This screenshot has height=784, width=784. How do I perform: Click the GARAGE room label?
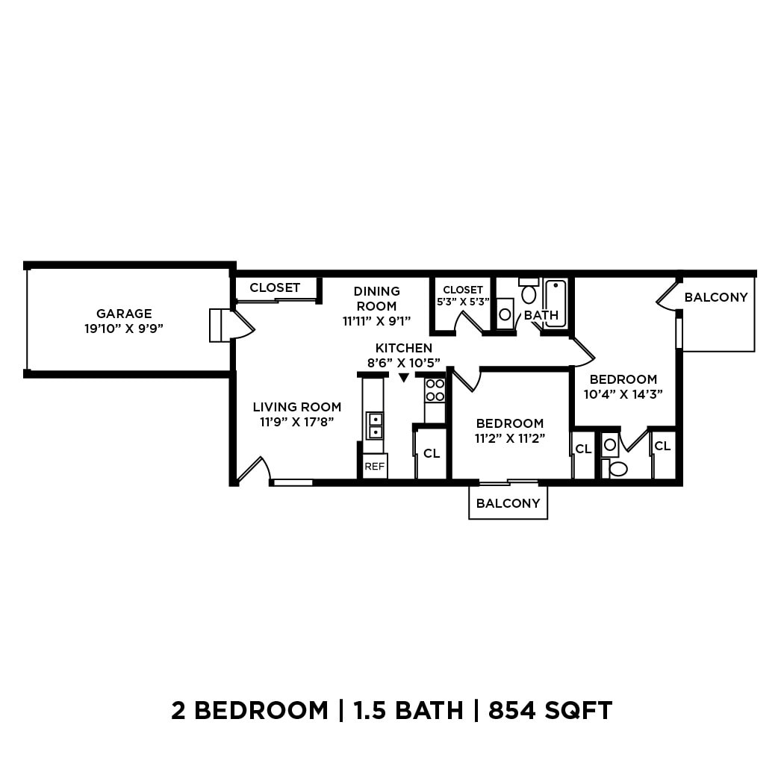(x=124, y=314)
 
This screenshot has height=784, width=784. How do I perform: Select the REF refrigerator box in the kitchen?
(x=374, y=467)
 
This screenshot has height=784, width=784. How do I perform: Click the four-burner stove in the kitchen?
(x=435, y=390)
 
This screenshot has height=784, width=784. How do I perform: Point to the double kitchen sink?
(x=374, y=426)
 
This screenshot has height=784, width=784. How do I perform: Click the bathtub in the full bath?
(x=556, y=303)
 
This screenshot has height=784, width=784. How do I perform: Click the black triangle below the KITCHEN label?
(x=404, y=378)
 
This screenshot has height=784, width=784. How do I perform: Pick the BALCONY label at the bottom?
(x=508, y=503)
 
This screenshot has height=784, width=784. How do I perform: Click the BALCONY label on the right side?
(x=715, y=297)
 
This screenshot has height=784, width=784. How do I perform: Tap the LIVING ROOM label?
(x=296, y=407)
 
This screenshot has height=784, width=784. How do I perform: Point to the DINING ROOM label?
(x=376, y=298)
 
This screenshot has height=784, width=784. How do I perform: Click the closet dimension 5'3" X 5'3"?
(x=463, y=302)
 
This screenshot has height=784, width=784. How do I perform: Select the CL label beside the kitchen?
(x=432, y=453)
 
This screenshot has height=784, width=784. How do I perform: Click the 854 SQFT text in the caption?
(x=550, y=710)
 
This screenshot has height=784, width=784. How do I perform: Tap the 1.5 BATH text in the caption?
(x=408, y=710)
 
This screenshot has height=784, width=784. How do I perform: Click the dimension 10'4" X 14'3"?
(x=623, y=394)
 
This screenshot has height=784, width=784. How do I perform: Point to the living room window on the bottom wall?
(x=293, y=482)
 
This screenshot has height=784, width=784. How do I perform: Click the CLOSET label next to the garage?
(x=275, y=287)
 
